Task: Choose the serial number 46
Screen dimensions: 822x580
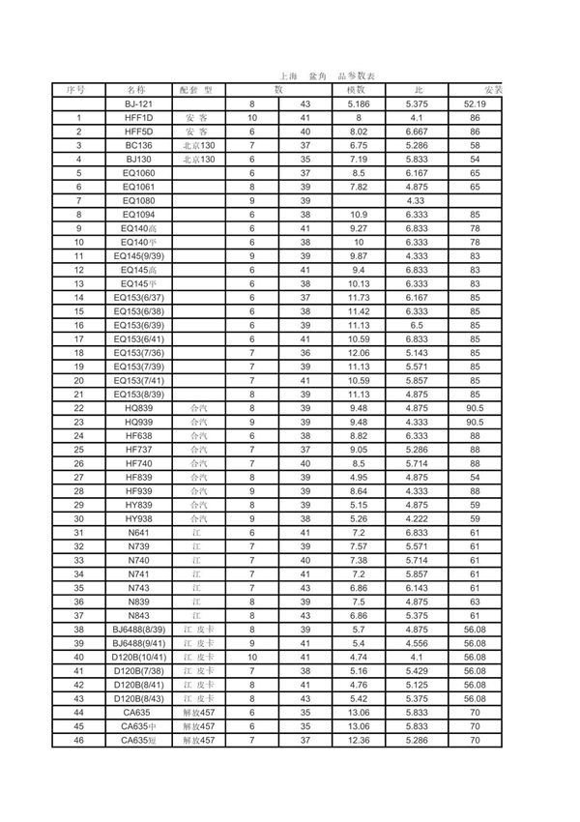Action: coord(77,740)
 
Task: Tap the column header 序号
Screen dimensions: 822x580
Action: coord(77,89)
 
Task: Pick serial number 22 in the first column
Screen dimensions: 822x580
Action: coord(77,409)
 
